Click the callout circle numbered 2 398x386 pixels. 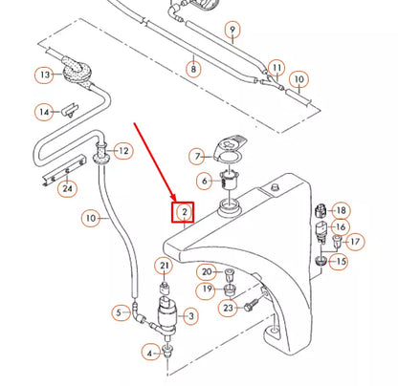[183, 211]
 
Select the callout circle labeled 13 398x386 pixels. [45, 75]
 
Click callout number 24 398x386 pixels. [66, 188]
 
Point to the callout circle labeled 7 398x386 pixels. [196, 156]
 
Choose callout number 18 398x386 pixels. [342, 210]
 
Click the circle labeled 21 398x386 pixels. [165, 266]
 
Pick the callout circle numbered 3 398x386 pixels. [189, 316]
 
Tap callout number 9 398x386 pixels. [232, 31]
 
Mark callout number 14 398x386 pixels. [45, 113]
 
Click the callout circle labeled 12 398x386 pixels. [122, 151]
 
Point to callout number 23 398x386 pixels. [227, 309]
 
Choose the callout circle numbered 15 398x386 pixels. [340, 261]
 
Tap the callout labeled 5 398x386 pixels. [121, 311]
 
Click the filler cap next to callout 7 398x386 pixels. [229, 150]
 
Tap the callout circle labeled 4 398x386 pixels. [149, 353]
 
